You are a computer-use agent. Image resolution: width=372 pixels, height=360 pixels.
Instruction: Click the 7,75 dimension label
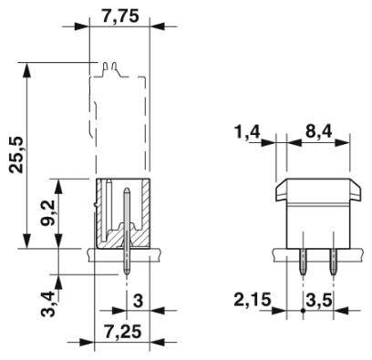122,16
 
